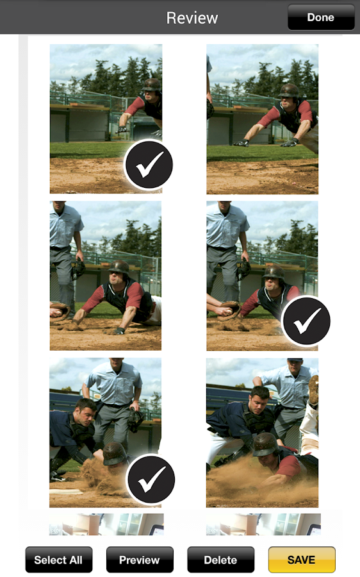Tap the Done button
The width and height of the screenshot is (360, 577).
[x=321, y=17]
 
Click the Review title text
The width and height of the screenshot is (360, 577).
[x=192, y=18]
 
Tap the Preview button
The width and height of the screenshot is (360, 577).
[x=140, y=560]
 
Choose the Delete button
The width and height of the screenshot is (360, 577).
[x=220, y=560]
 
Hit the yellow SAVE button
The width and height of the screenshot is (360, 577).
[x=301, y=560]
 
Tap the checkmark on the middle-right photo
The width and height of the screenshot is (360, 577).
[x=306, y=322]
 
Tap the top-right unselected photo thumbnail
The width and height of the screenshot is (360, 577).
[x=262, y=119]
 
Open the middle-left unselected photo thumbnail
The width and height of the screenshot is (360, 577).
[x=106, y=276]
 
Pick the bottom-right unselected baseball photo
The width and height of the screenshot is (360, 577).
[x=262, y=433]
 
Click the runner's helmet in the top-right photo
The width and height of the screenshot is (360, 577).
[x=290, y=90]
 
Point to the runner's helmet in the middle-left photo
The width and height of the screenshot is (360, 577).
[x=119, y=268]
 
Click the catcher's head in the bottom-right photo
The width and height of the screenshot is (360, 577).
[x=259, y=397]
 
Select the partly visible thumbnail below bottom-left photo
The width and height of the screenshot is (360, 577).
[x=106, y=524]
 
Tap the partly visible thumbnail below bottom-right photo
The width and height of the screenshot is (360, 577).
[x=263, y=524]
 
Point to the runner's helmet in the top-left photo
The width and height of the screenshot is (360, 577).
[x=151, y=85]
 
